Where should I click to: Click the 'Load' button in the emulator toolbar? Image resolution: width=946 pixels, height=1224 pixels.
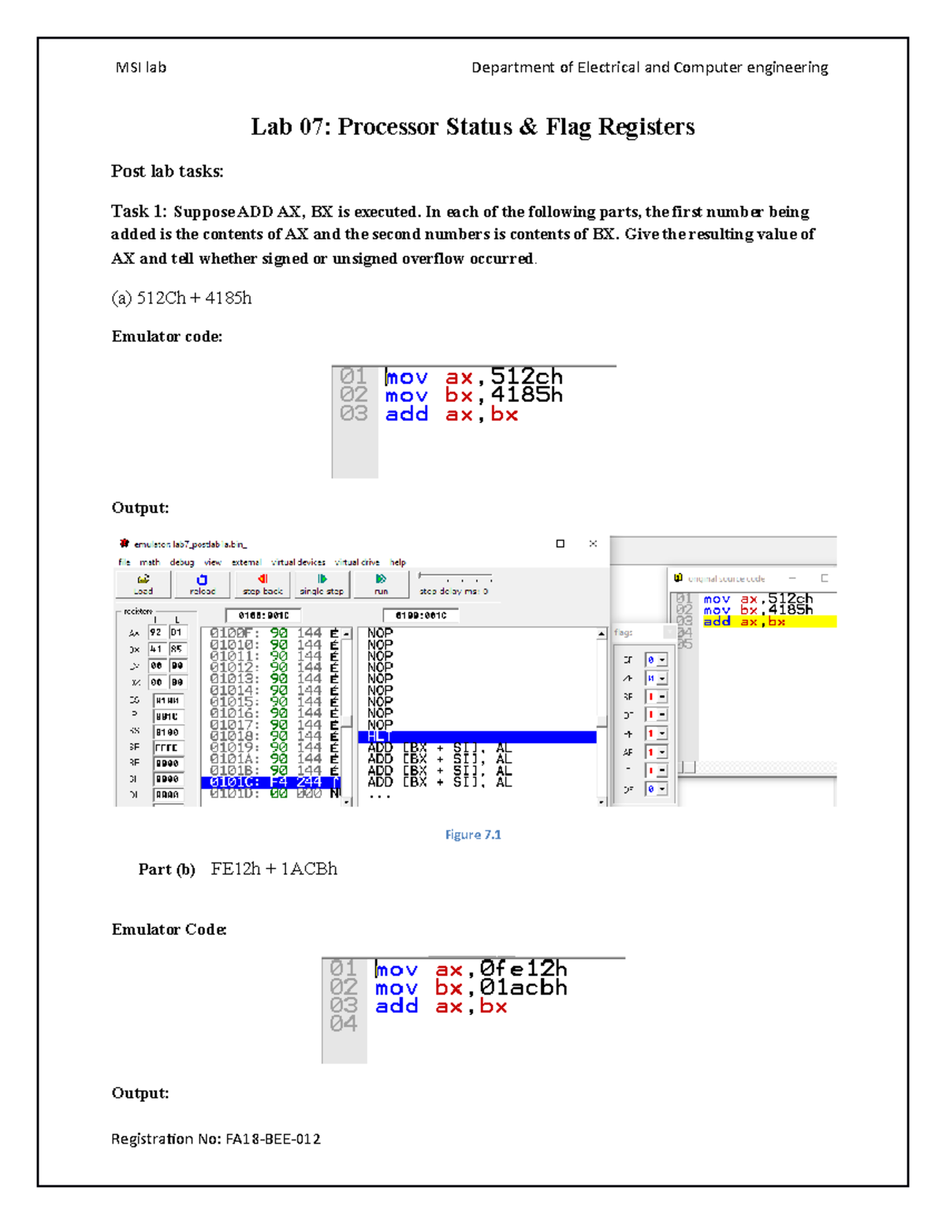[x=143, y=584]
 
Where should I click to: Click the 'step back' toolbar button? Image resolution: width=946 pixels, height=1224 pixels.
[x=263, y=584]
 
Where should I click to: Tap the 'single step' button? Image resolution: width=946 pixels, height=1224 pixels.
[x=322, y=584]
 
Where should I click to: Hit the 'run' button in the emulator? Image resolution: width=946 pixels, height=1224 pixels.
[x=381, y=584]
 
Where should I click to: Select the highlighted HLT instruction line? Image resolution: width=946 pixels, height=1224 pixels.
[x=477, y=737]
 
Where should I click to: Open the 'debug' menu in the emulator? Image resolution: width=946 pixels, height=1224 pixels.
[x=182, y=562]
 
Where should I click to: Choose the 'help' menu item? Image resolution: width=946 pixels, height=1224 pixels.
[x=398, y=562]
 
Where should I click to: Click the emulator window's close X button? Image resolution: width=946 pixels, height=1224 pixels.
[x=593, y=543]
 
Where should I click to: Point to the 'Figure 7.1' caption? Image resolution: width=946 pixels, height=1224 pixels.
[x=473, y=835]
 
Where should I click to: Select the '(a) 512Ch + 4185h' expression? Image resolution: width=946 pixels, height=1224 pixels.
[x=181, y=298]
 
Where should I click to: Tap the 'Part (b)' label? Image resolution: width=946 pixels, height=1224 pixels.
[x=166, y=869]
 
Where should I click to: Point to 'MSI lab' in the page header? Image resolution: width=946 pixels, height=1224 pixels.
[x=141, y=68]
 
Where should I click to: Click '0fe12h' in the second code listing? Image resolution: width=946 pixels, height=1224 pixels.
[x=523, y=969]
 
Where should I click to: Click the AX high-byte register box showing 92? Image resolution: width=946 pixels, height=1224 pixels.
[x=156, y=632]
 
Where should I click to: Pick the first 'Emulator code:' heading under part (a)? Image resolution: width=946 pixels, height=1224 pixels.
[x=167, y=337]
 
